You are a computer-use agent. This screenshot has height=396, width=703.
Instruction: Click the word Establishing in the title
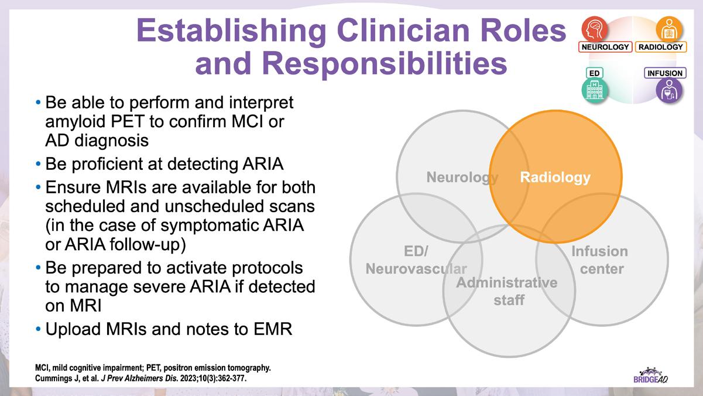click(x=231, y=30)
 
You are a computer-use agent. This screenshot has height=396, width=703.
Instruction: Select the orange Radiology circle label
click(x=555, y=177)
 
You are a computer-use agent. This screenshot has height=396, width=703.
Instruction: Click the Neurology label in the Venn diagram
click(x=462, y=177)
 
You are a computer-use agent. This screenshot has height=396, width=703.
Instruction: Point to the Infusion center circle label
click(x=599, y=260)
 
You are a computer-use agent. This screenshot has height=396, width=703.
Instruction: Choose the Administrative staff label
click(x=507, y=291)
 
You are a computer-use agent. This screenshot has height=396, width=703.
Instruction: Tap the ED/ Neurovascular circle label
click(x=416, y=260)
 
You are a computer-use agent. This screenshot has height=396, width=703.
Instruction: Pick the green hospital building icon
click(x=595, y=91)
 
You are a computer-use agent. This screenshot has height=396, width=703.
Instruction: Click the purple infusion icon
click(x=668, y=91)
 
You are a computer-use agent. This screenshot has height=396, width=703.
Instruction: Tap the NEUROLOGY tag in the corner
click(x=605, y=47)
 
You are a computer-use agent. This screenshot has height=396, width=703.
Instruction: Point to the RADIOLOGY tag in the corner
click(x=661, y=47)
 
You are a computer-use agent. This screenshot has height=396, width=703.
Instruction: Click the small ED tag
click(x=594, y=73)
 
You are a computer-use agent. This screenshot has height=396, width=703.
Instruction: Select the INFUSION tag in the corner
click(x=665, y=73)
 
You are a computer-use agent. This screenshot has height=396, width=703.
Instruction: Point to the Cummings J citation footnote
click(x=140, y=378)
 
